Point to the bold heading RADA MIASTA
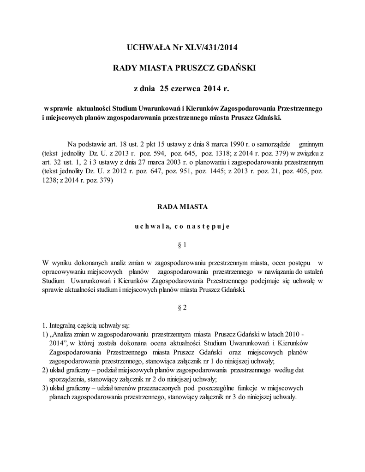point(182,206)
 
